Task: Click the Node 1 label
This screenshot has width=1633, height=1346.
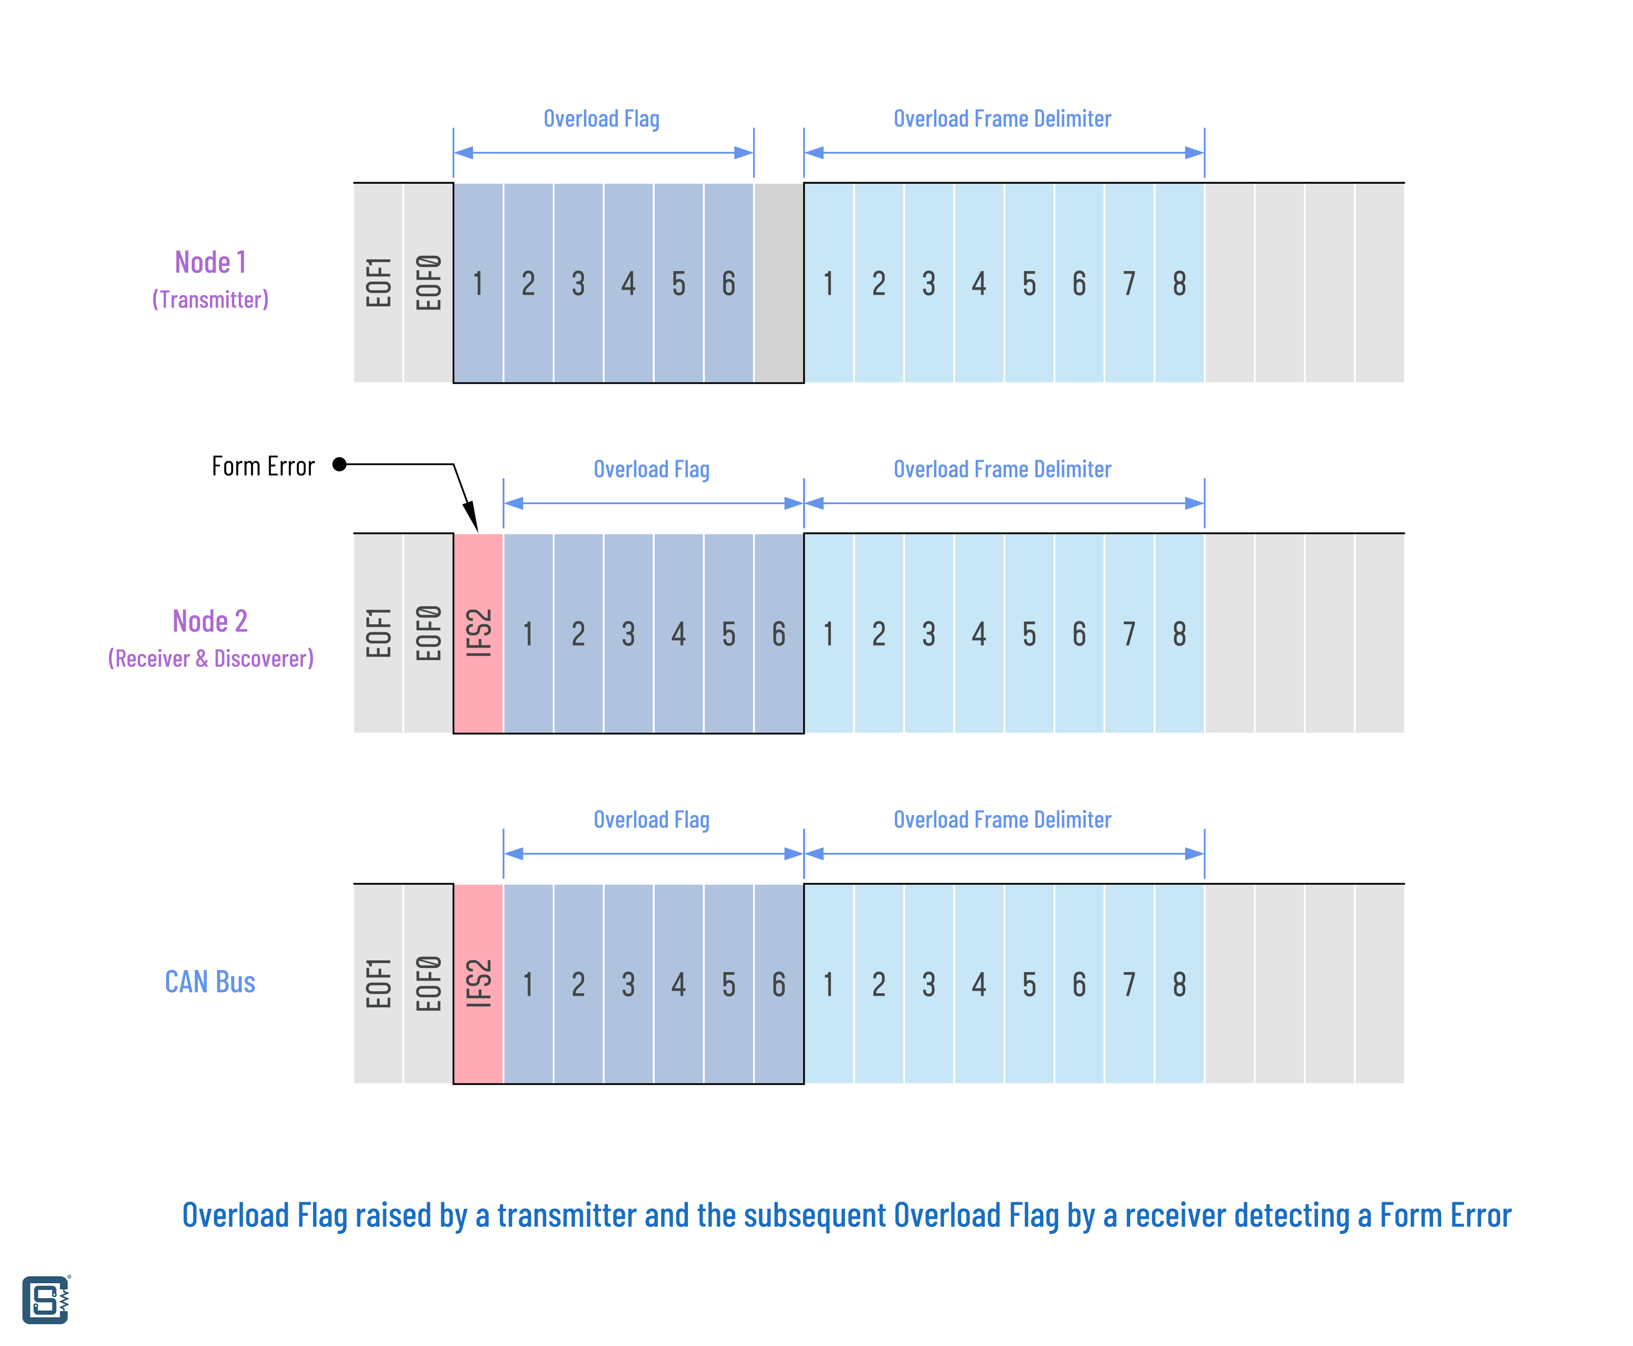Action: pyautogui.click(x=210, y=262)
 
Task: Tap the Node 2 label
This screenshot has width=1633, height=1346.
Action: pyautogui.click(x=210, y=621)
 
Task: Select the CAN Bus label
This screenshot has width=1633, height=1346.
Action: pyautogui.click(x=210, y=982)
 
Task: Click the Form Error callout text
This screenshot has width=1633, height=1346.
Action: pyautogui.click(x=263, y=466)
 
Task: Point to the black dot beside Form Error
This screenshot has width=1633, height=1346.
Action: pyautogui.click(x=339, y=464)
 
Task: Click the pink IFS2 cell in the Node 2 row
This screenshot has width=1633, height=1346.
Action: pyautogui.click(x=479, y=633)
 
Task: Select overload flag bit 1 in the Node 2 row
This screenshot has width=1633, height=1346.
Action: pyautogui.click(x=528, y=633)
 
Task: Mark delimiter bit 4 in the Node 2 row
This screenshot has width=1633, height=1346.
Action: pyautogui.click(x=979, y=633)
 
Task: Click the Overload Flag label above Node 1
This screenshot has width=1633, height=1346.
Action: pyautogui.click(x=602, y=119)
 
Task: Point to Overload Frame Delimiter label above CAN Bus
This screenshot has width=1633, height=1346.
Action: pyautogui.click(x=1003, y=820)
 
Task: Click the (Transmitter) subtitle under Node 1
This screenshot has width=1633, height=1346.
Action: pyautogui.click(x=210, y=299)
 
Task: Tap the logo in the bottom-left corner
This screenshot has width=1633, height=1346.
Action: pyautogui.click(x=46, y=1300)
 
